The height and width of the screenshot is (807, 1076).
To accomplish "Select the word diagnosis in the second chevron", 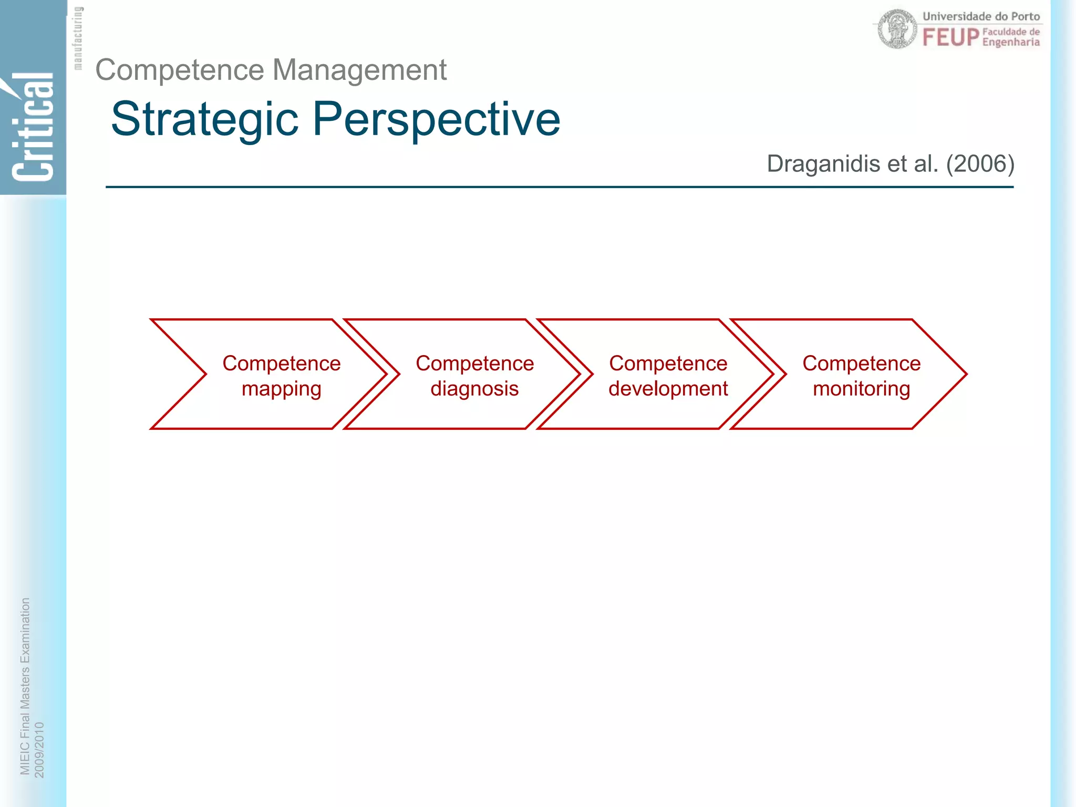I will (x=474, y=389).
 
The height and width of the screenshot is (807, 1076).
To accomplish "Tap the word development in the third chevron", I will (x=668, y=389).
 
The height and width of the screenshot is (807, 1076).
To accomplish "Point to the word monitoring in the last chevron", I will (x=861, y=389).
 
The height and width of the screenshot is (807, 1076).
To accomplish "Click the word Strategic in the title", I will (x=204, y=120).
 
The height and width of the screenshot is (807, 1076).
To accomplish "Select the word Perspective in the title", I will (x=436, y=120).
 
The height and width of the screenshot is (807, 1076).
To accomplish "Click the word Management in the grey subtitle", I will (x=359, y=70).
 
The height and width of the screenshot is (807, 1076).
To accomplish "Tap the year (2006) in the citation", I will (x=980, y=164).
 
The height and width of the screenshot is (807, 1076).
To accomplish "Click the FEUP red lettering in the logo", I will (x=950, y=38).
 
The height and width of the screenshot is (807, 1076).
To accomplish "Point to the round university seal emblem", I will (x=897, y=29).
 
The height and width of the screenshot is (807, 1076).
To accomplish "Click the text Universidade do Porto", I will (x=981, y=16).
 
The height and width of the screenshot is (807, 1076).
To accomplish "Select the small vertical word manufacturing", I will (x=78, y=38).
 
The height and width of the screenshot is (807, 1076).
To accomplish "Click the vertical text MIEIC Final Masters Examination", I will (x=25, y=686).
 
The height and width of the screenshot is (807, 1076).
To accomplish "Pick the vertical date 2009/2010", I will (x=39, y=750).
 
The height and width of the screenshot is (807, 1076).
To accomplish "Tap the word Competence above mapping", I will (x=281, y=364).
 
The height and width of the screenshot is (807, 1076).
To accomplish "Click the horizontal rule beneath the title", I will (x=559, y=187).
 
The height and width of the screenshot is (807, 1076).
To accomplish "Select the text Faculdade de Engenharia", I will (x=1011, y=37).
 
